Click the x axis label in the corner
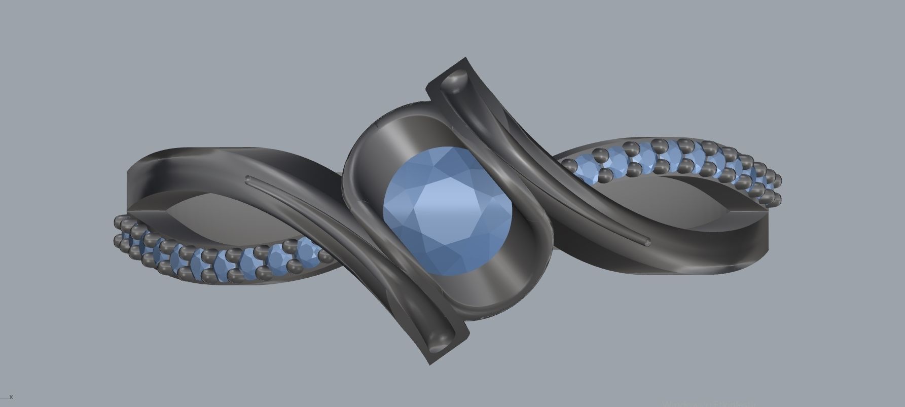pyautogui.click(x=11, y=397)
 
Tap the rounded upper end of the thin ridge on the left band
pyautogui.click(x=248, y=178)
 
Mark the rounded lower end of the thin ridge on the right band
pyautogui.click(x=647, y=241)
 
